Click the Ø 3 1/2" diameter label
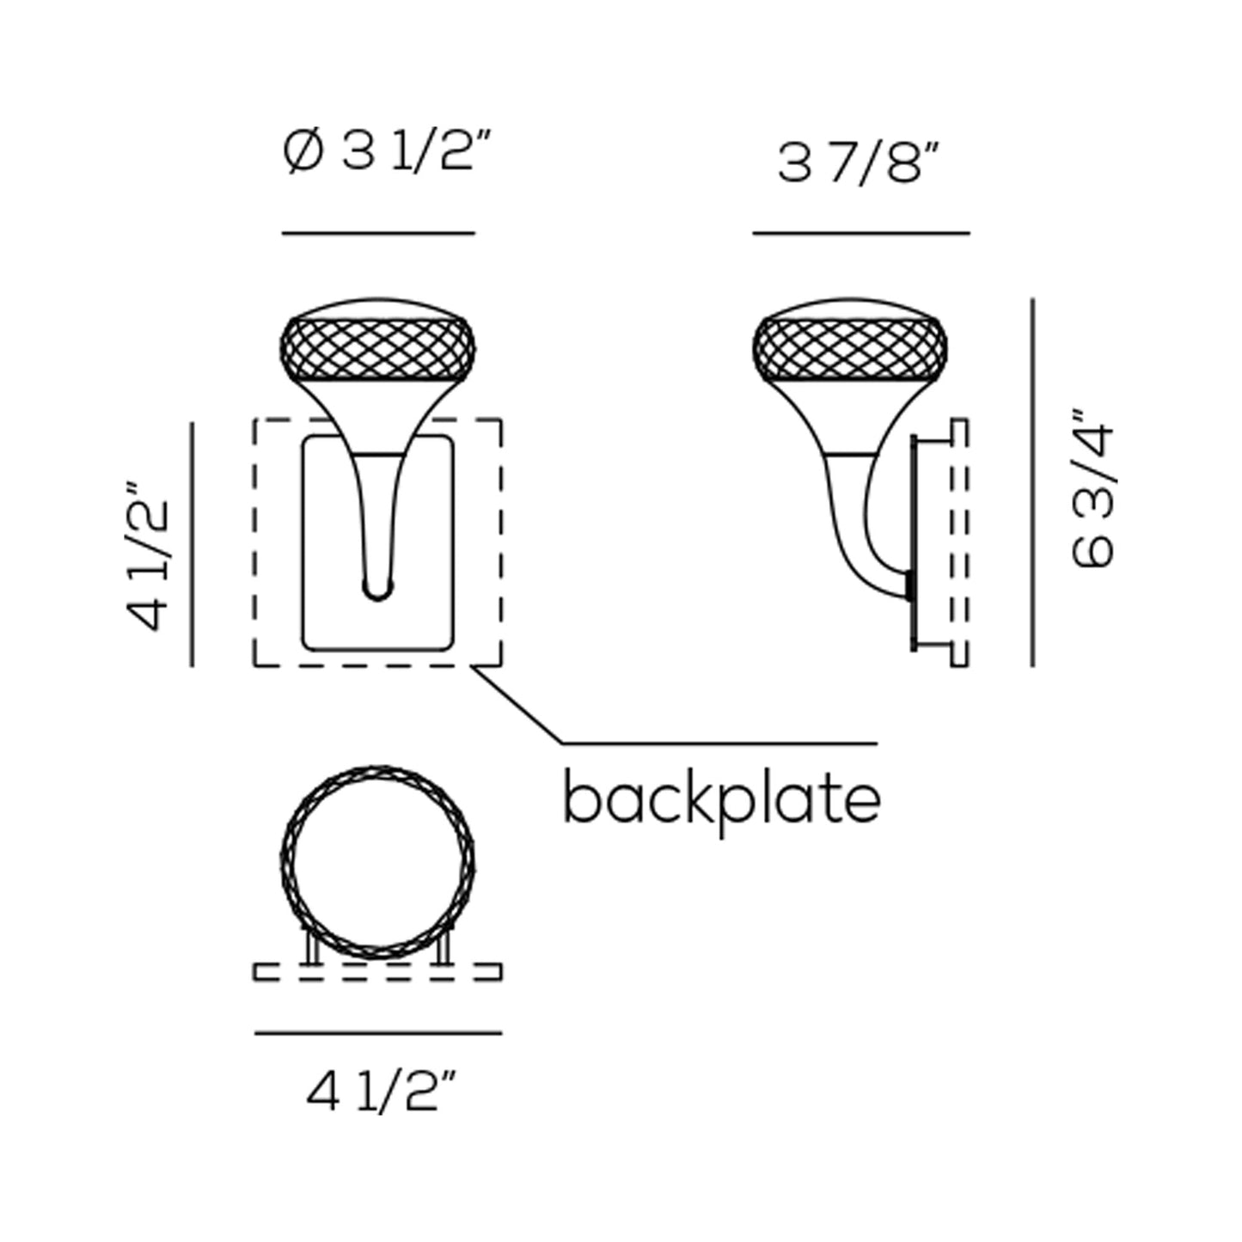point(388,151)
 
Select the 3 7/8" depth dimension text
point(859,164)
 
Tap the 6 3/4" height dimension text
point(1092,488)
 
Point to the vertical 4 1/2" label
point(148,555)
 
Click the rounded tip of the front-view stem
point(377,590)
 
